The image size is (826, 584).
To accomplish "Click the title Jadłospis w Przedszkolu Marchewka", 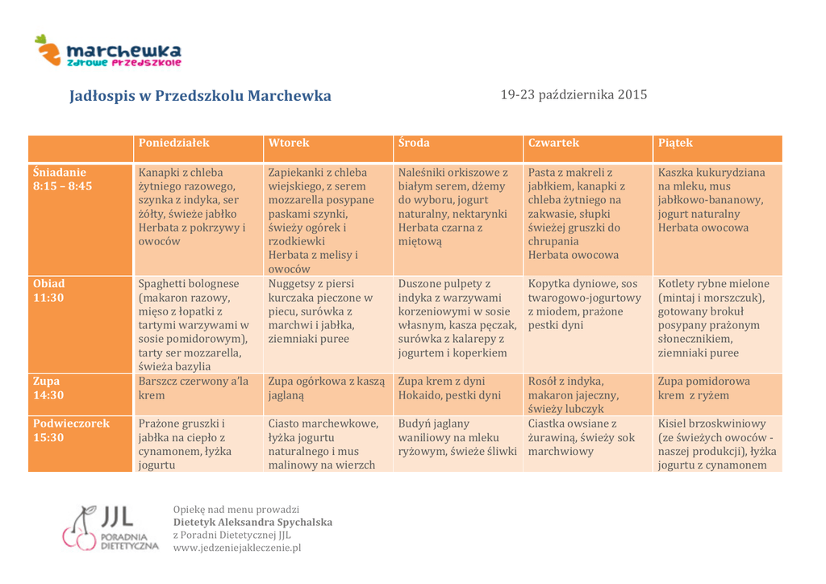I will (x=200, y=96).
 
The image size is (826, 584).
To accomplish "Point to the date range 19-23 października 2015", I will (x=574, y=94).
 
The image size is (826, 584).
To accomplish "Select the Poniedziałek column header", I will (x=173, y=143).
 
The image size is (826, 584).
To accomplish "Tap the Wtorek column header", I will (x=289, y=143).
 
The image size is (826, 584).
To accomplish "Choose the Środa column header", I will (x=414, y=143).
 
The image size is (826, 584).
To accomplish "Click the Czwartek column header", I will (x=553, y=143).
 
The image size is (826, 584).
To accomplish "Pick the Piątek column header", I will (x=675, y=143).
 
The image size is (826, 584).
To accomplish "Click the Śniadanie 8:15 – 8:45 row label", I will (x=63, y=179).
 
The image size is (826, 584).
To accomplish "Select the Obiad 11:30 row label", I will (x=49, y=290).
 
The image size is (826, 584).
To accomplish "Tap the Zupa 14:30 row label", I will (x=48, y=388).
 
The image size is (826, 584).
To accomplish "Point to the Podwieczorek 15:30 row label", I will (x=71, y=430).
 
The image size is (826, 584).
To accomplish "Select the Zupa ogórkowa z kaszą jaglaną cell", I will (x=326, y=388).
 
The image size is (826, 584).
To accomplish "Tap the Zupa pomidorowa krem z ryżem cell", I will (x=703, y=388).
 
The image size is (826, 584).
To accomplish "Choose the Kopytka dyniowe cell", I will (x=584, y=304).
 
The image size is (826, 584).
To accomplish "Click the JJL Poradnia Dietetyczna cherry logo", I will (x=110, y=528).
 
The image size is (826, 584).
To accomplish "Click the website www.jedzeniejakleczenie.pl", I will (x=237, y=548).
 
